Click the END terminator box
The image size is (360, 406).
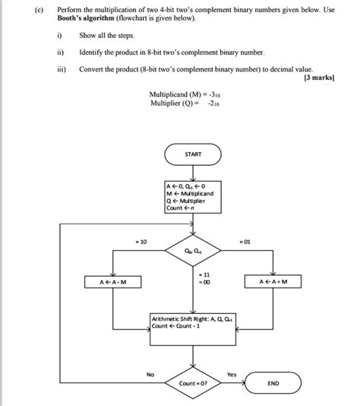pos(273,384)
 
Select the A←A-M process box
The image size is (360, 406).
pos(113,282)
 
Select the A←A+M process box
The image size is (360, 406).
pos(273,282)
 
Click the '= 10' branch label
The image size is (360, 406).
pos(140,240)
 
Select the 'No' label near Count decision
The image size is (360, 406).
pos(150,374)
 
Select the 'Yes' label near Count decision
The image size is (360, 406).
pos(232,374)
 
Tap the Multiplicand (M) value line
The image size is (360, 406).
pos(185,94)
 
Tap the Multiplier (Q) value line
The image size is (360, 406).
pos(185,103)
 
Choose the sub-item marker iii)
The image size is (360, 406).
pos(61,68)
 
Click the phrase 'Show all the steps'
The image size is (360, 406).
pos(106,36)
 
